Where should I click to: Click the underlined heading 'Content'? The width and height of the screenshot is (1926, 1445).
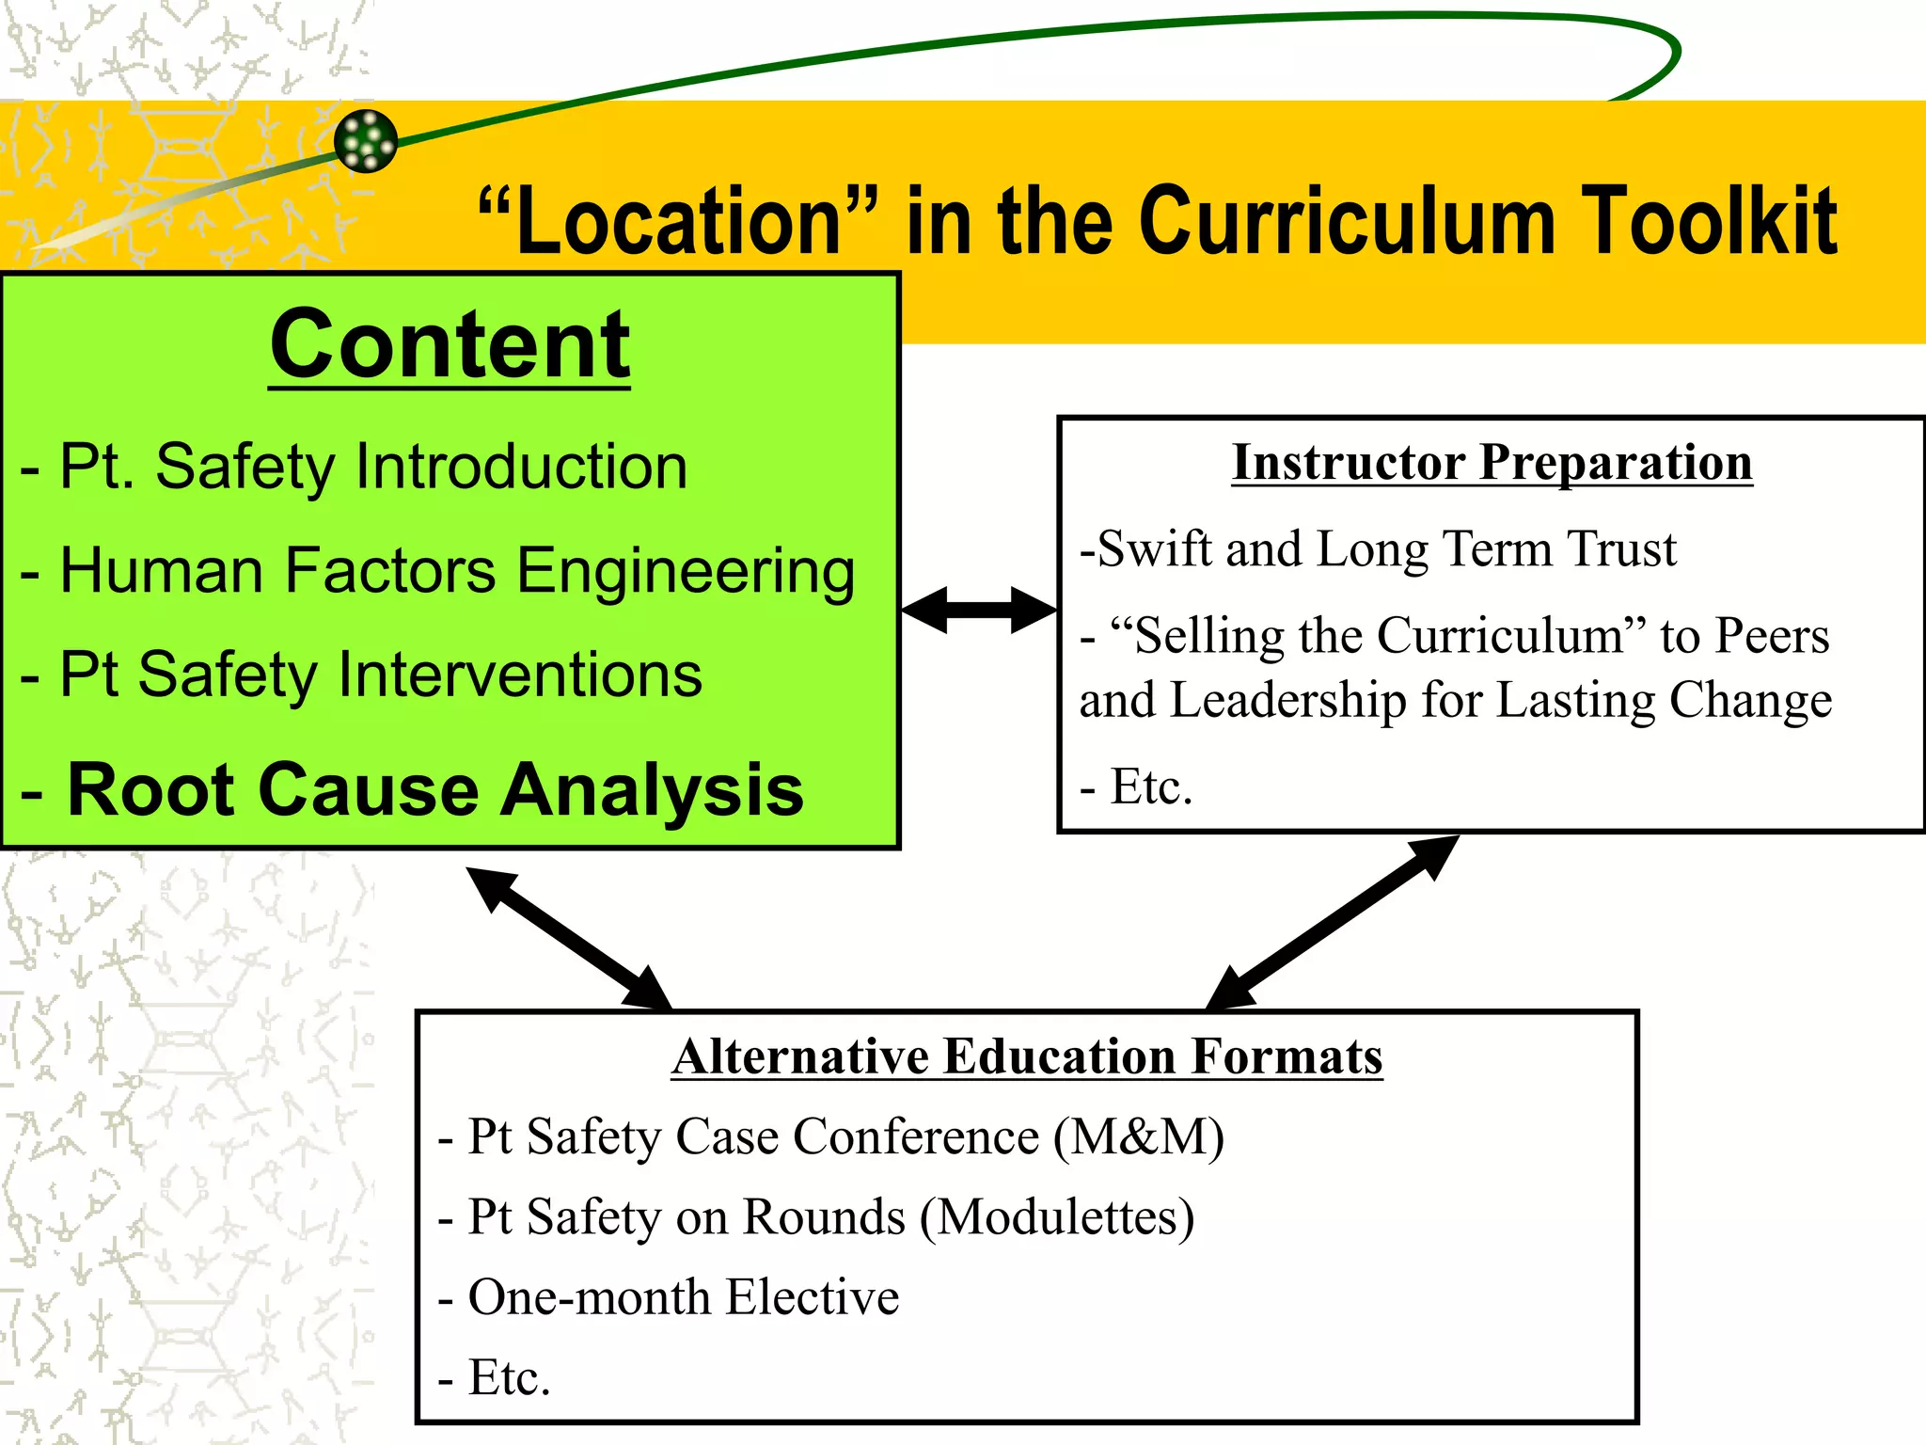tap(450, 344)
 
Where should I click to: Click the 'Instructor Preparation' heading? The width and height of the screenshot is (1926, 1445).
tap(1492, 463)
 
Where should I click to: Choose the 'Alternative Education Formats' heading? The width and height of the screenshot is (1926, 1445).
tap(1027, 1056)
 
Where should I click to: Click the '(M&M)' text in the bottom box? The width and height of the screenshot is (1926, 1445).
tap(1139, 1137)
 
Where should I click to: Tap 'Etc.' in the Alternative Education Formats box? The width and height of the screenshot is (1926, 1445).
tap(508, 1378)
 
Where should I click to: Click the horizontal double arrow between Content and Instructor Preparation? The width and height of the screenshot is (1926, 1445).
tap(978, 611)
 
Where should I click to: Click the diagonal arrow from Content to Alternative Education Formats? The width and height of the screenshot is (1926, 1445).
tap(570, 939)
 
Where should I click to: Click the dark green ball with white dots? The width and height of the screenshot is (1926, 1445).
tap(366, 141)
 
